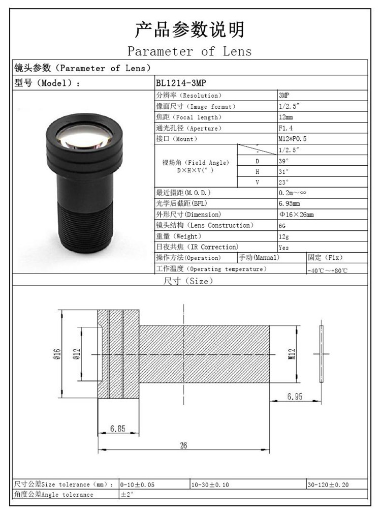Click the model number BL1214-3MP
coord(181,83)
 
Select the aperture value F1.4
coord(285,128)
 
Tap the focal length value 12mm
coord(285,117)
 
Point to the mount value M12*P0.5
coord(292,139)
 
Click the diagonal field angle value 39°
coord(283,161)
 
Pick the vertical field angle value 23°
coord(283,182)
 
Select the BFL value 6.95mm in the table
coord(289,203)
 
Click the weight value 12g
coord(283,236)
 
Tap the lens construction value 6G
coord(282,226)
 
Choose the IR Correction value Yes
coord(283,248)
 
